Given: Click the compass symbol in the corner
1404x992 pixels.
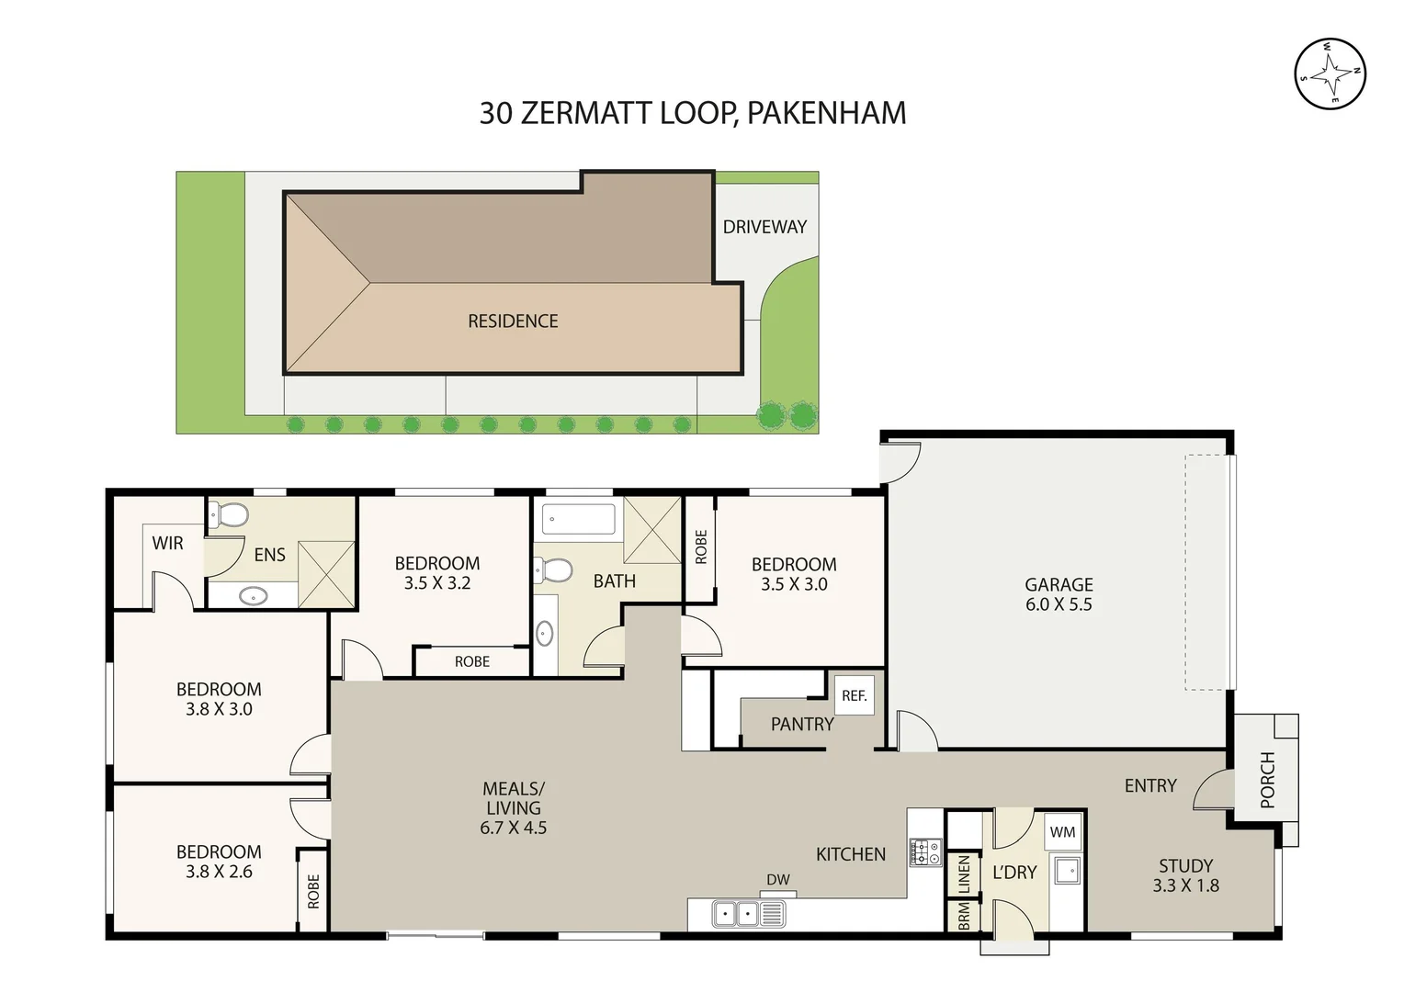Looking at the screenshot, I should [x=1330, y=74].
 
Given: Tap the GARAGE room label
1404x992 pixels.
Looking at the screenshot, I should [x=1059, y=594].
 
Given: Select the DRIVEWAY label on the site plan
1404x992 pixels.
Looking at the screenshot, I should [x=764, y=227].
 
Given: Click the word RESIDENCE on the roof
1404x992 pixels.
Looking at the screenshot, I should [x=513, y=321].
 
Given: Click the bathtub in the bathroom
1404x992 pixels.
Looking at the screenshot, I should [x=579, y=519].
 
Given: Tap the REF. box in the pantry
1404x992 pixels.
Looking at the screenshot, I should [x=854, y=695].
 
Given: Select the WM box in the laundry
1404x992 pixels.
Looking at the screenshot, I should [x=1062, y=832].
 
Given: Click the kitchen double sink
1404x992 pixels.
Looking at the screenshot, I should [x=748, y=914].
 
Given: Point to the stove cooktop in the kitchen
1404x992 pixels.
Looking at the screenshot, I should [x=925, y=852].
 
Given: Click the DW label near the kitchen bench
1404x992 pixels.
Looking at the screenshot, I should [x=778, y=880].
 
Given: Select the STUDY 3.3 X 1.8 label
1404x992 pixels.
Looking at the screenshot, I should [x=1185, y=875].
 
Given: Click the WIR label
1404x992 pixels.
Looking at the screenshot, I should [x=167, y=543].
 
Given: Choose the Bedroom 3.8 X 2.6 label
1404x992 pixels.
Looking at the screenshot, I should [x=219, y=862].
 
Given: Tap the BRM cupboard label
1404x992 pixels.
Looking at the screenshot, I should [x=964, y=916].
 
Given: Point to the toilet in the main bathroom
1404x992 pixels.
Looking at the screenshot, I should [x=554, y=570].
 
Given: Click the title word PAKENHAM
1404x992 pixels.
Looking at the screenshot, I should [x=826, y=113].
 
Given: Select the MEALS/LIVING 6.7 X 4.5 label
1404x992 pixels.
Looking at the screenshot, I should [x=513, y=808].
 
